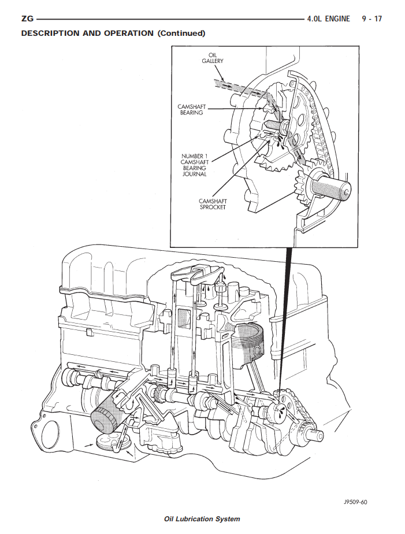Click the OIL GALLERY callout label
tap(212, 58)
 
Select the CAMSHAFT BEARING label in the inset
tap(191, 110)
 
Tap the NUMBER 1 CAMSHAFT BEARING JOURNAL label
tap(194, 165)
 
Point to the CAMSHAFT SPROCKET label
tap(212, 204)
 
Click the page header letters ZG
tap(27, 19)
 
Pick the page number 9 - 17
tap(371, 19)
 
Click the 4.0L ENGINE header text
tap(329, 19)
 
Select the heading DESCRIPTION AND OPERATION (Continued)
tap(113, 33)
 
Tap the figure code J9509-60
tap(355, 502)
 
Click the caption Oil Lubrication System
tap(202, 518)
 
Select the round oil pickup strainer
tap(107, 443)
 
